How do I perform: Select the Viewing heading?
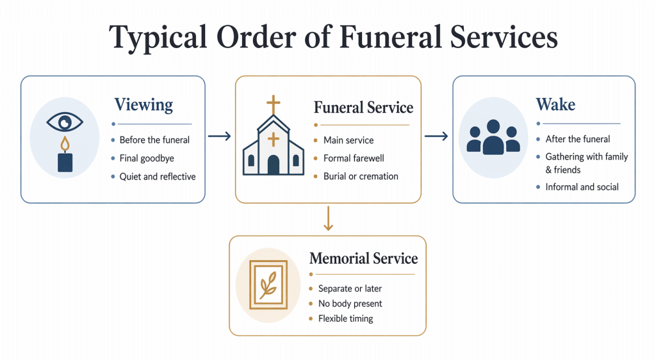pyautogui.click(x=143, y=104)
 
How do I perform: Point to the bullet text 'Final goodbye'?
pyautogui.click(x=147, y=158)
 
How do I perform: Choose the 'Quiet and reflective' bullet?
pyautogui.click(x=158, y=176)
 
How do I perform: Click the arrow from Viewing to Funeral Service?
pyautogui.click(x=219, y=136)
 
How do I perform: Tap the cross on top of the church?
pyautogui.click(x=274, y=104)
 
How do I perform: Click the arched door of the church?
pyautogui.click(x=274, y=165)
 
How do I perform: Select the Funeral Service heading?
pyautogui.click(x=363, y=108)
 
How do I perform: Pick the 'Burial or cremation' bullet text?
pyautogui.click(x=361, y=176)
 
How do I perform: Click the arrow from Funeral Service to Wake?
pyautogui.click(x=436, y=136)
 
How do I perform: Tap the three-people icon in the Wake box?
pyautogui.click(x=492, y=137)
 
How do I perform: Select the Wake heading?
pyautogui.click(x=555, y=104)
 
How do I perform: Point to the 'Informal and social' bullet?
pyautogui.click(x=582, y=187)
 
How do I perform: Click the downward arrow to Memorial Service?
pyautogui.click(x=328, y=218)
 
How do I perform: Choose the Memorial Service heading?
pyautogui.click(x=363, y=259)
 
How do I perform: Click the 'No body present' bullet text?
pyautogui.click(x=350, y=304)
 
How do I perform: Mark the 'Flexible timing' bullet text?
pyautogui.click(x=345, y=318)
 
